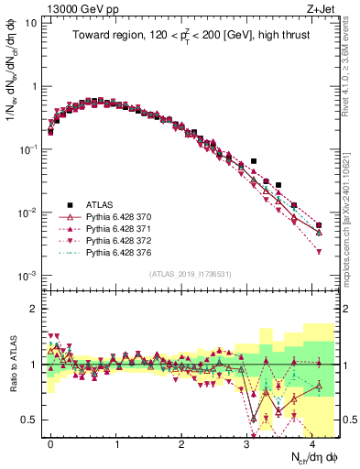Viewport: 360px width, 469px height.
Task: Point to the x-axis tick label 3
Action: pos(246,443)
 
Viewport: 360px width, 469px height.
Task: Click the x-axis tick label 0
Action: pos(50,443)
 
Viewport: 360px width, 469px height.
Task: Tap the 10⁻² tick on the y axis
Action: pos(26,213)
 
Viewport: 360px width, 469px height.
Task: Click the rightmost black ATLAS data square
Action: pos(319,225)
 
